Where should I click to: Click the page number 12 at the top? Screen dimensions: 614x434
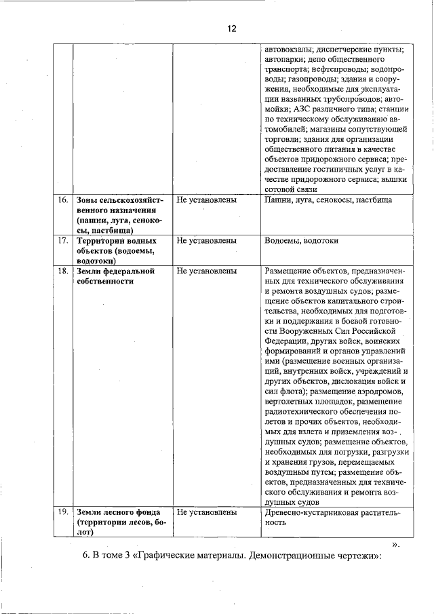(x=231, y=28)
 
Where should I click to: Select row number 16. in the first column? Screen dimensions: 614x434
(x=63, y=200)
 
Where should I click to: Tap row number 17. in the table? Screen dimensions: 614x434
(x=63, y=241)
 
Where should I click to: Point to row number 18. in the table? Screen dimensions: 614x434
(x=63, y=271)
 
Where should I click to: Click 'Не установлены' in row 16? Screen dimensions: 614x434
(x=205, y=200)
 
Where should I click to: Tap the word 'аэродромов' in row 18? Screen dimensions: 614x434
(x=381, y=391)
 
